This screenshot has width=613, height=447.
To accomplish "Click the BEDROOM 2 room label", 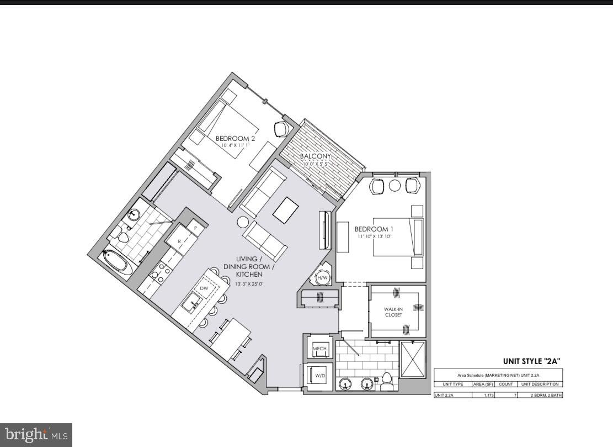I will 235,138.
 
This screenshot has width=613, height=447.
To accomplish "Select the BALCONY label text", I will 315,157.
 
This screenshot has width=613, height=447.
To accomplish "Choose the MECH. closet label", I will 321,349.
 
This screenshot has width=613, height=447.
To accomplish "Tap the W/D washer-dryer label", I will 321,376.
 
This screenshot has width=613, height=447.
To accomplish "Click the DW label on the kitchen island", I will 204,288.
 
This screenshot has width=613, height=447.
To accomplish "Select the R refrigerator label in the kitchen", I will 180,241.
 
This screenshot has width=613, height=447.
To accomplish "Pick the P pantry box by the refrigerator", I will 195,228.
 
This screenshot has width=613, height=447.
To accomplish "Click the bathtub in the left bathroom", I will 118,263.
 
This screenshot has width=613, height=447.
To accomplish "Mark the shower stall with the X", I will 413,360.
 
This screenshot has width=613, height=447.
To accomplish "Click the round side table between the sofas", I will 244,222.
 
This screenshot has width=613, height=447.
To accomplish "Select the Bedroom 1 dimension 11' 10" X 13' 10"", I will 374,237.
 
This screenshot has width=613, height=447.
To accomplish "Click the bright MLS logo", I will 36,435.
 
